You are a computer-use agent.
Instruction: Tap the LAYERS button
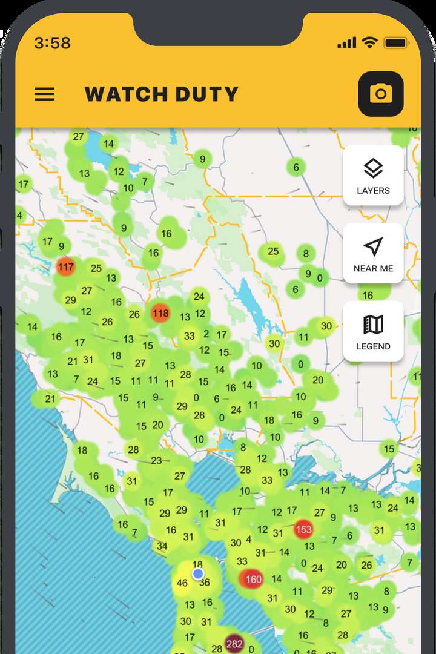point(373,175)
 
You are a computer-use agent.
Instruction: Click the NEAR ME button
point(373,253)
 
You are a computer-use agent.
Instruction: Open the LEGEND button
point(373,331)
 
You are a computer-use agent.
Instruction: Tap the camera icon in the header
point(381,94)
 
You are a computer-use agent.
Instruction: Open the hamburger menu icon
point(44,94)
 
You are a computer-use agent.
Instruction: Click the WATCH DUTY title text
point(161,94)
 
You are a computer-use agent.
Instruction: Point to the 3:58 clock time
point(52,43)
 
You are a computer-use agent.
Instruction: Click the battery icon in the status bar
point(397,43)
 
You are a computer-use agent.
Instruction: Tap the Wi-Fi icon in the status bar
point(369,43)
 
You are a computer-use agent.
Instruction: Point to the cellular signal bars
point(346,43)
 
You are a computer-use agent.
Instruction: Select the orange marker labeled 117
point(65,266)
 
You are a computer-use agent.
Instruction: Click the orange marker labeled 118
point(160,313)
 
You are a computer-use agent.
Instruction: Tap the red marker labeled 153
point(303,529)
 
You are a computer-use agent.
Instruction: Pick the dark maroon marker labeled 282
point(234,643)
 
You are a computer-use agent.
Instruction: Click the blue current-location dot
point(198,573)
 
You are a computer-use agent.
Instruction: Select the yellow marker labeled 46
point(182,584)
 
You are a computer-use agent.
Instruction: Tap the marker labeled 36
point(205,583)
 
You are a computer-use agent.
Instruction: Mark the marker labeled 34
point(162,546)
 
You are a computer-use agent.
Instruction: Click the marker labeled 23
point(156,460)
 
